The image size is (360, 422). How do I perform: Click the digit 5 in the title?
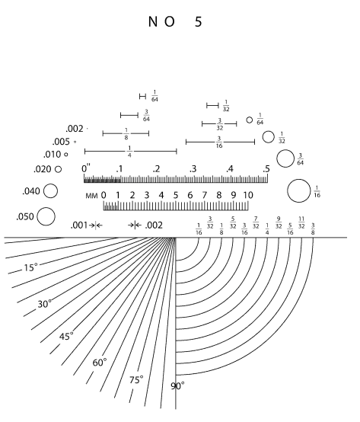pos(198,22)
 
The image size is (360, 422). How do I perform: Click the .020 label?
pos(42,169)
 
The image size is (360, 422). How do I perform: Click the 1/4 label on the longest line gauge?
pos(129,152)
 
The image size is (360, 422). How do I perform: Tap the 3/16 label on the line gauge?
pos(219,142)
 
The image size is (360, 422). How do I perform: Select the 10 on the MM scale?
pos(248,195)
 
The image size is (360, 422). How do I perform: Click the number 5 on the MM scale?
pos(176,195)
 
